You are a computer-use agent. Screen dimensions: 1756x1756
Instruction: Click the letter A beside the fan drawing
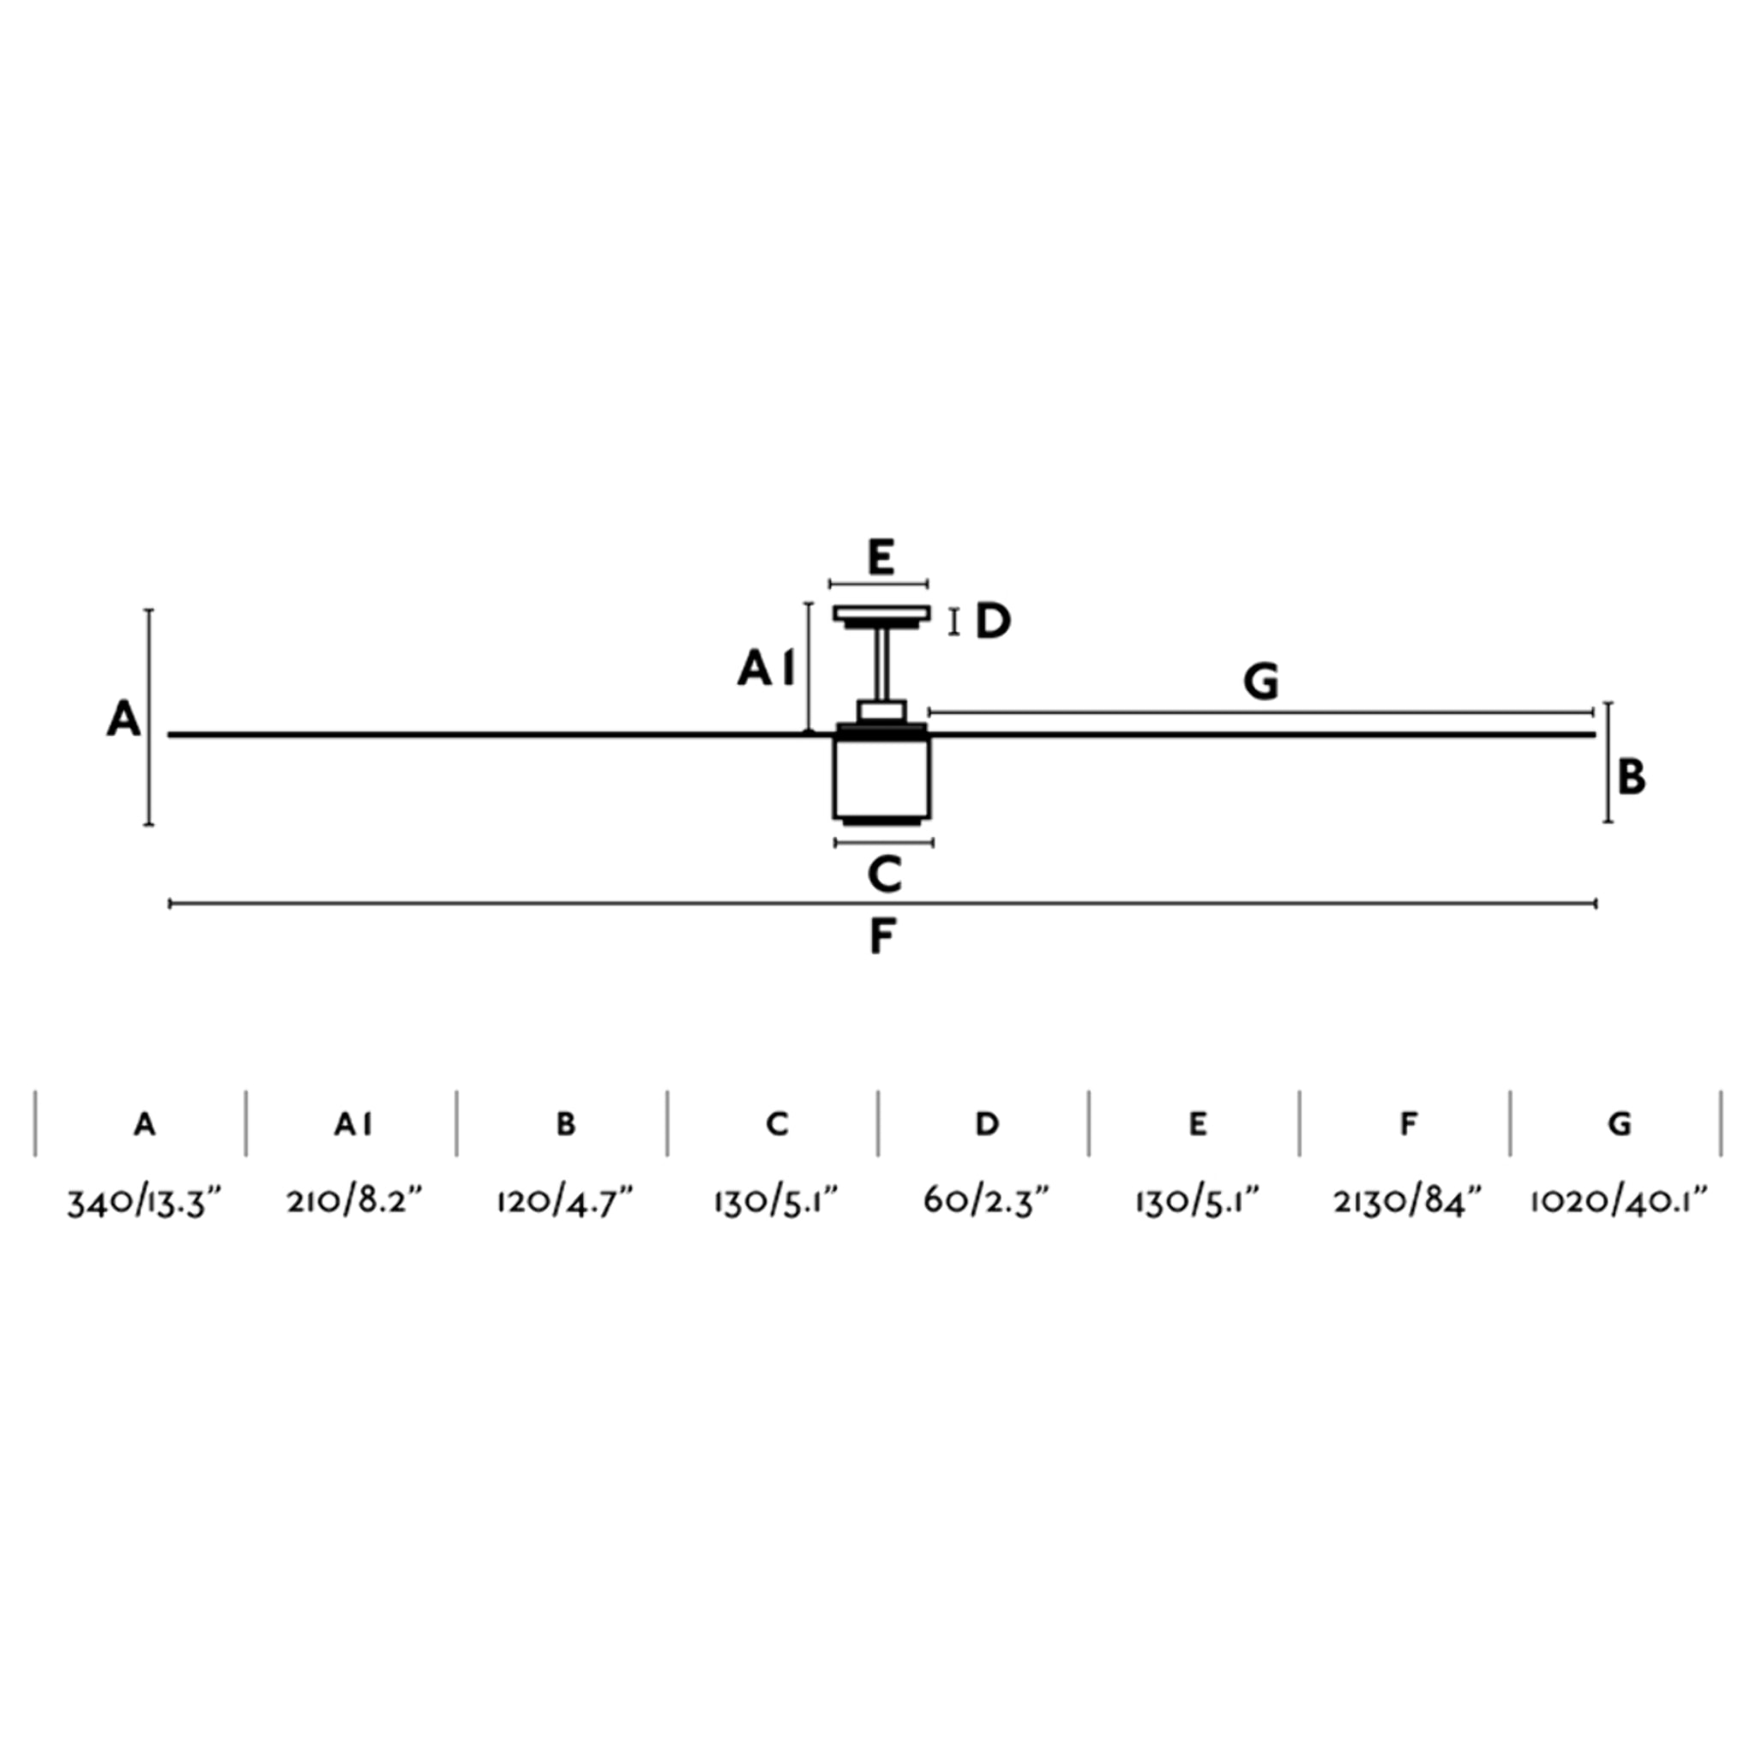[124, 720]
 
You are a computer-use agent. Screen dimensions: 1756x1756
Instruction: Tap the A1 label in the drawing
[767, 670]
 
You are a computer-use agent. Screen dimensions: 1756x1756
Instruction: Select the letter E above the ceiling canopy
[880, 557]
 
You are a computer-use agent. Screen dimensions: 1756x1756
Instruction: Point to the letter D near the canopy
[993, 622]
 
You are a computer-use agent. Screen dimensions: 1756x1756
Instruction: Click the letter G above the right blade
[1261, 682]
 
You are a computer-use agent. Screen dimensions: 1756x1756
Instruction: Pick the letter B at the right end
[1632, 778]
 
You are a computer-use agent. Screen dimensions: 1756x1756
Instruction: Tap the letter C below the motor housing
[883, 875]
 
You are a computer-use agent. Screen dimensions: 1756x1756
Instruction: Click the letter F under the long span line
[882, 937]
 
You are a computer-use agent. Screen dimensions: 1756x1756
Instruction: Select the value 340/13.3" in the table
[145, 1202]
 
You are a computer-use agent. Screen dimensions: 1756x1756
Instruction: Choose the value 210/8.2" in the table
[354, 1201]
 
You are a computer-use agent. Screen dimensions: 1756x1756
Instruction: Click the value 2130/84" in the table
[1408, 1201]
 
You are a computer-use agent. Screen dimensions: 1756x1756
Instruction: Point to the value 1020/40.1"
[1619, 1201]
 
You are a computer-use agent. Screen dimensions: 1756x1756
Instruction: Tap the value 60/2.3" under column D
[987, 1201]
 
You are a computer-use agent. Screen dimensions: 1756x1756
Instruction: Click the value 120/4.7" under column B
[564, 1201]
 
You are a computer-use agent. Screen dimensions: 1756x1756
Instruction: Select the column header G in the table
[1619, 1125]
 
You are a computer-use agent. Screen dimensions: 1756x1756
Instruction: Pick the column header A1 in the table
[353, 1125]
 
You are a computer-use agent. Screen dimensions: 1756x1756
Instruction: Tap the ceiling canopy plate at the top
[881, 614]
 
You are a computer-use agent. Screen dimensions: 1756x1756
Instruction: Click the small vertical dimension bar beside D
[953, 622]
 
